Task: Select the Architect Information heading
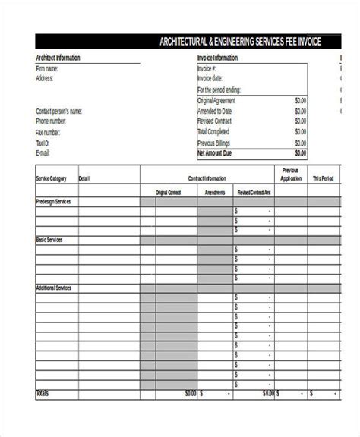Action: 58,58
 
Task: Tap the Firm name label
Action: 47,68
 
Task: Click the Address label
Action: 44,78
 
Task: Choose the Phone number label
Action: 51,121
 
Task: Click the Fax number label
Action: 49,132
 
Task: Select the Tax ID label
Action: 42,143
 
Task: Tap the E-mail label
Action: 43,152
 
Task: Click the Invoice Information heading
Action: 218,58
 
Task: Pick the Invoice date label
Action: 210,79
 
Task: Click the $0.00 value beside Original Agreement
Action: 300,100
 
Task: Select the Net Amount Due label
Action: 215,152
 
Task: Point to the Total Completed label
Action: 213,132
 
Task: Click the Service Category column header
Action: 52,179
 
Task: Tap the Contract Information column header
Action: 207,179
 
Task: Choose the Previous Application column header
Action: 290,174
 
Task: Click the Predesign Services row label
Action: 55,202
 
